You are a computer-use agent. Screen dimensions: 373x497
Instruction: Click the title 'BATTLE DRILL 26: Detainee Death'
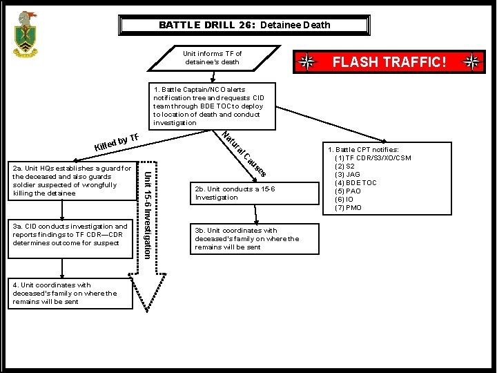coord(244,25)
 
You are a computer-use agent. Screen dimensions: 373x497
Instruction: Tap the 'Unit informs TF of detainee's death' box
coord(213,58)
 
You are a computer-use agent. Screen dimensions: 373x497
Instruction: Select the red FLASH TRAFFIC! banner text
coord(390,62)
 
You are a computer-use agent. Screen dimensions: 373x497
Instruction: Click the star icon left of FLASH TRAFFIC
coord(306,62)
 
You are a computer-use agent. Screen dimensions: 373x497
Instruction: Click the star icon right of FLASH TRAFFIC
coord(472,62)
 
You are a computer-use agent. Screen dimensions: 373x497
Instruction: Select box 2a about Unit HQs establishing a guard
coord(70,181)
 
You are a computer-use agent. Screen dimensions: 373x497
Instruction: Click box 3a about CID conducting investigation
coord(70,235)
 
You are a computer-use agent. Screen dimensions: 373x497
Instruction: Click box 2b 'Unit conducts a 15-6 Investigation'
coord(244,193)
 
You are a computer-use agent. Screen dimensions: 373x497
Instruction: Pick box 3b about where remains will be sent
coord(246,239)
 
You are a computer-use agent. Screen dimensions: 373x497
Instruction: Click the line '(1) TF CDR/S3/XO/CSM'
coord(373,158)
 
